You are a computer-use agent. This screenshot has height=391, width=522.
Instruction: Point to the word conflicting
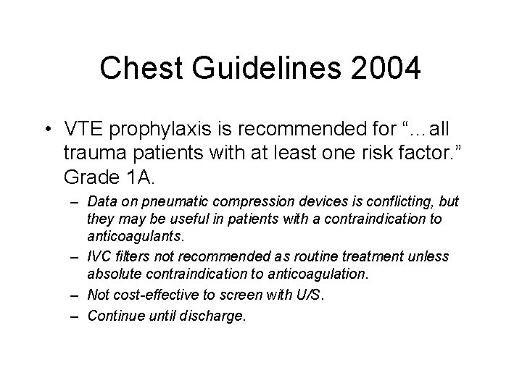(390, 201)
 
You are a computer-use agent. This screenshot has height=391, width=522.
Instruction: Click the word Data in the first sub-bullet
(100, 201)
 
